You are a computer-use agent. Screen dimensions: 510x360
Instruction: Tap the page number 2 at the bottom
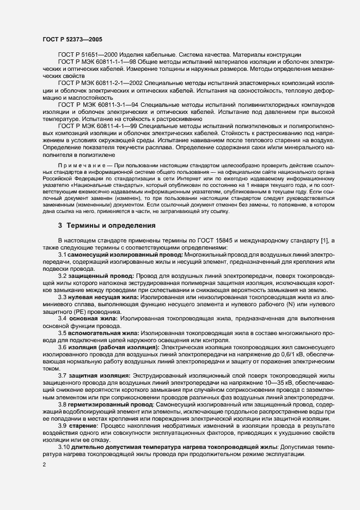[x=44, y=464]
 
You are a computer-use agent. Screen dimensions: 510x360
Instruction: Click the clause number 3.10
[x=64, y=447]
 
